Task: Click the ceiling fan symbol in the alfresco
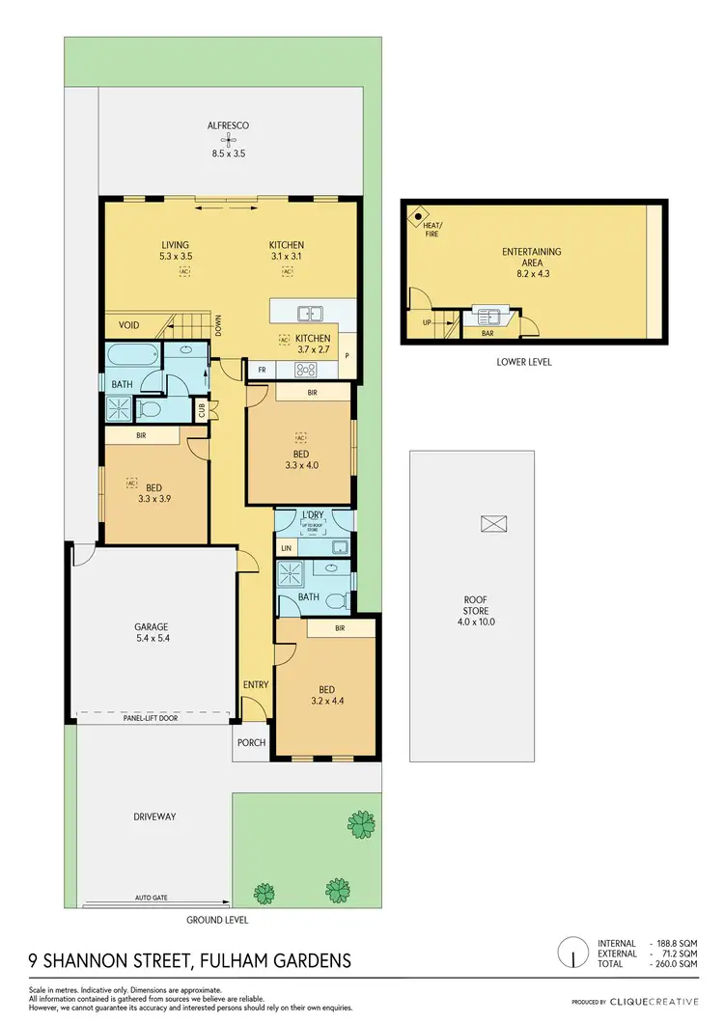(230, 139)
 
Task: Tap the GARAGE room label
(151, 626)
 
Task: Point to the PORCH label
(251, 743)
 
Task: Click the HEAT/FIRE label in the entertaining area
(431, 229)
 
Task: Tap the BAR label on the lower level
(487, 333)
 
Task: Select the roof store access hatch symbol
(493, 523)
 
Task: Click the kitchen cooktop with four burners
(306, 369)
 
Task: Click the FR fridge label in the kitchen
(261, 370)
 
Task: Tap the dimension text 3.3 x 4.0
(301, 464)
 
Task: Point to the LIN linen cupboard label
(286, 548)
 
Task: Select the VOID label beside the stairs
(127, 325)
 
